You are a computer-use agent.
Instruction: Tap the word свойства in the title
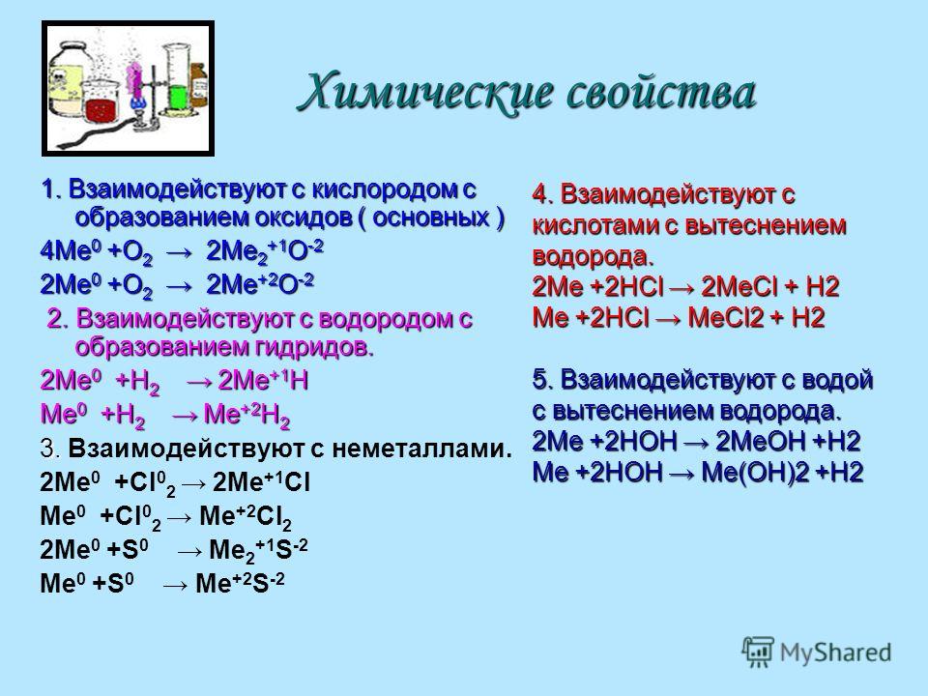tap(661, 93)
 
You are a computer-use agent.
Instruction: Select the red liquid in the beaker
tap(101, 110)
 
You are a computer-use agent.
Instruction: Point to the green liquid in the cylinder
tap(178, 97)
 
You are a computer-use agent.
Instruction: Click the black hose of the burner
tap(101, 134)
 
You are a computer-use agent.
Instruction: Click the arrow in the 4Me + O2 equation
tap(180, 254)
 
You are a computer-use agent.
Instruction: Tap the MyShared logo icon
tap(758, 652)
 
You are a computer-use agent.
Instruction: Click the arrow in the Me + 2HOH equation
tap(681, 473)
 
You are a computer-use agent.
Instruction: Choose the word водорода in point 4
tap(593, 256)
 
